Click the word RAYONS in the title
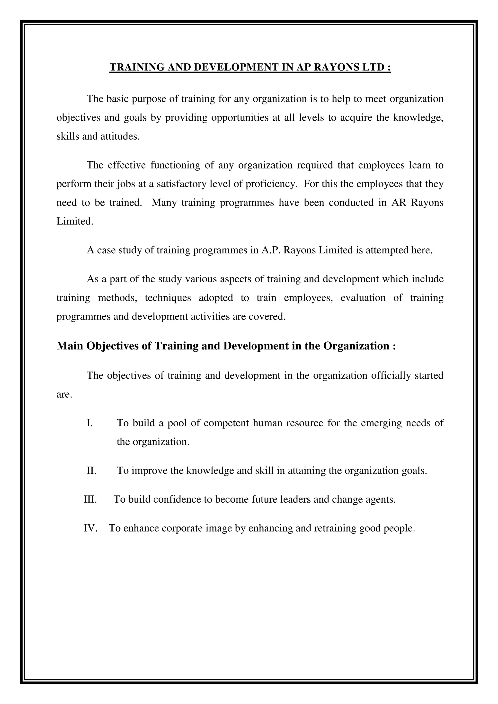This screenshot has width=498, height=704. click(337, 67)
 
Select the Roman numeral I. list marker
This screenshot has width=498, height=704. click(89, 423)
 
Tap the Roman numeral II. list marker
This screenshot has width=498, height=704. click(91, 470)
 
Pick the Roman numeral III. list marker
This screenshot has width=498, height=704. click(90, 499)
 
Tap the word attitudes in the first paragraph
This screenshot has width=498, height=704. click(120, 136)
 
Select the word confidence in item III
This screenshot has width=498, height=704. click(177, 499)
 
